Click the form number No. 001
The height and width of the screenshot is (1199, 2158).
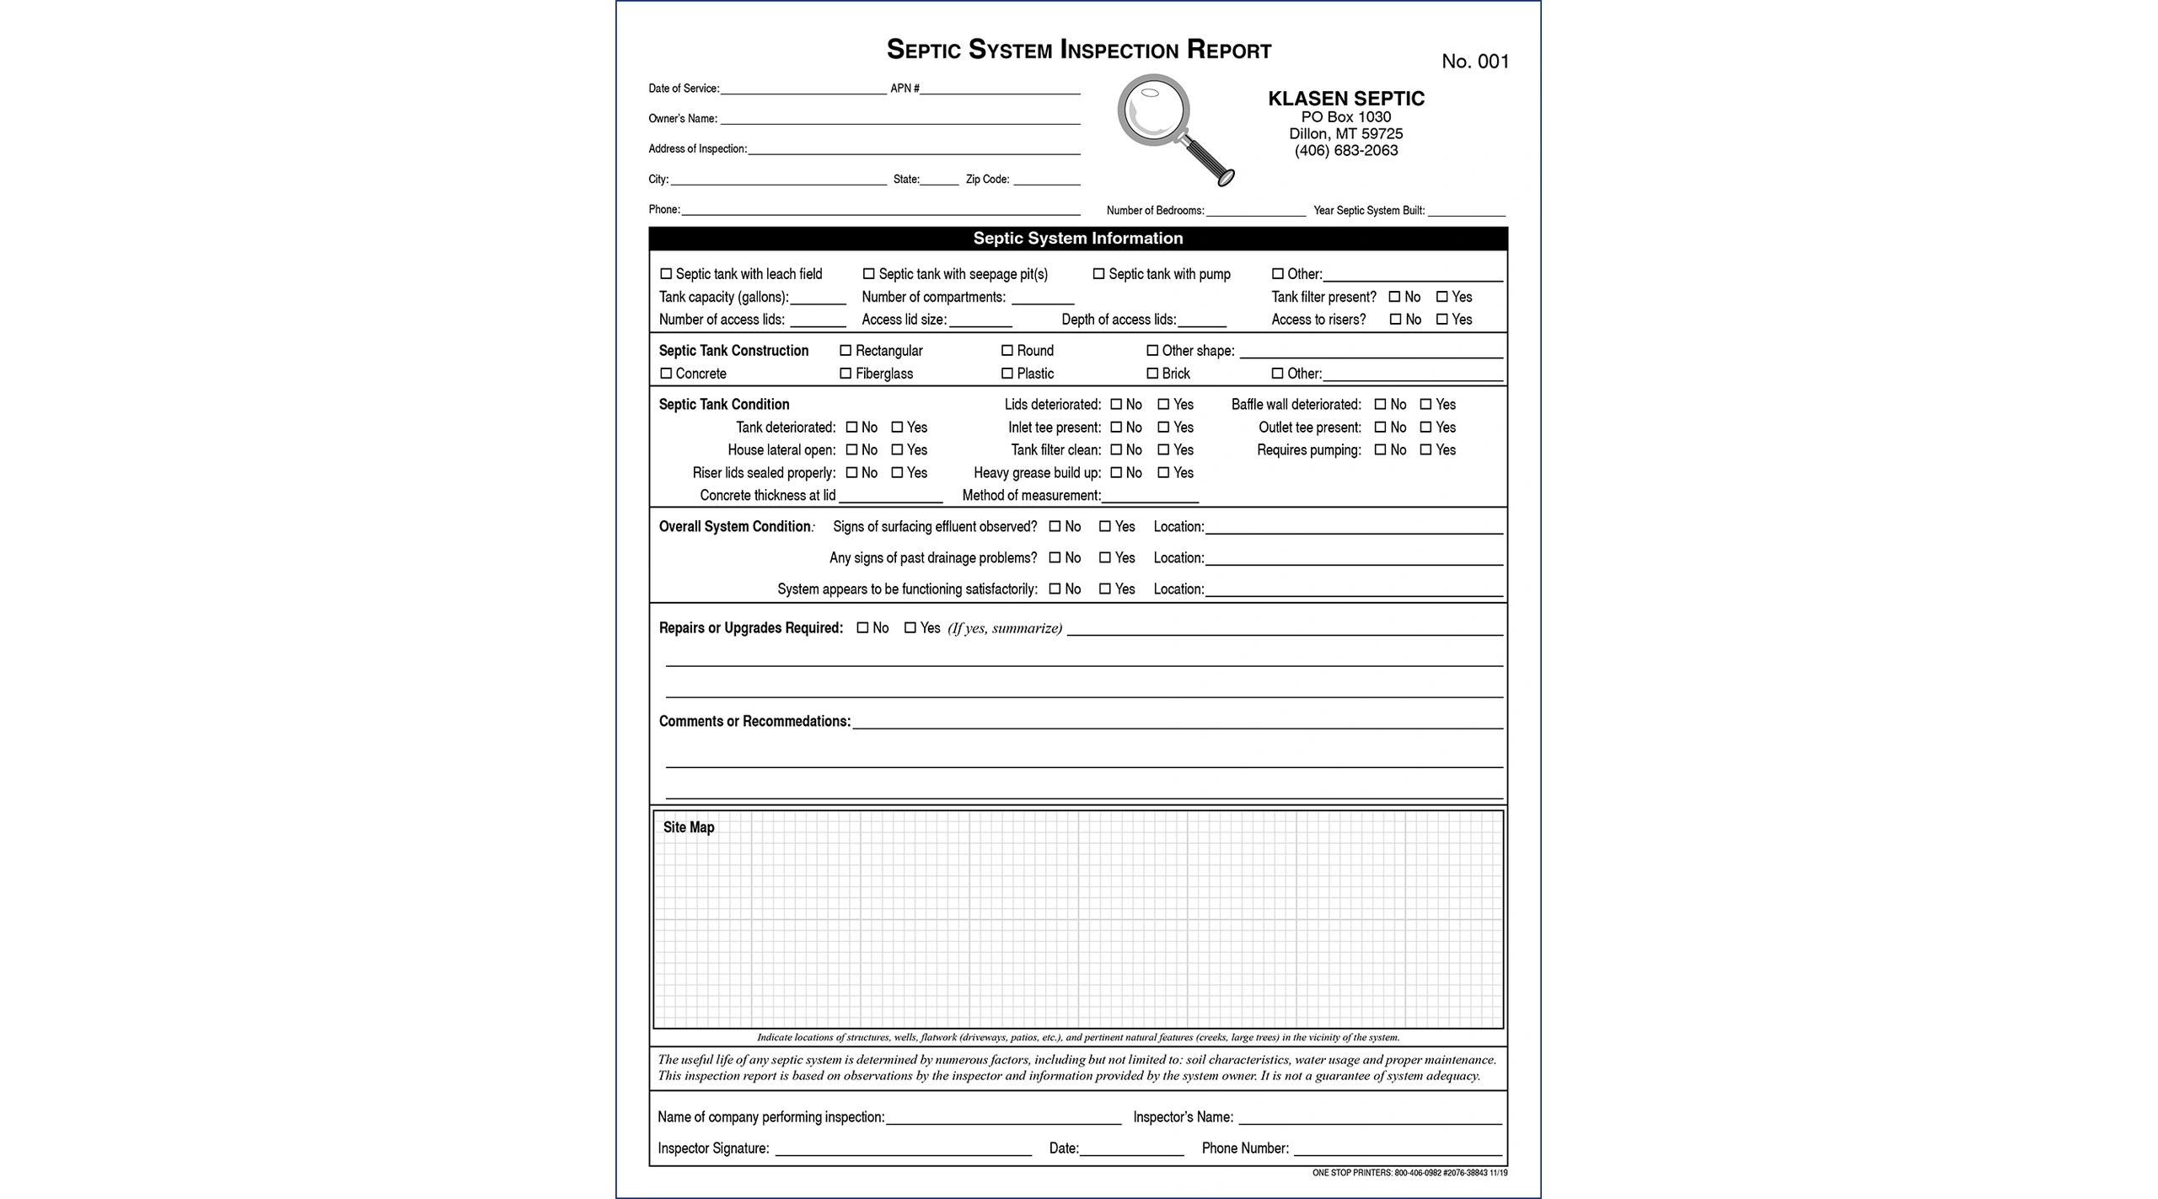coord(1475,62)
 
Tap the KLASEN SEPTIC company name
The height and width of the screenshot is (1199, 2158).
coord(1345,99)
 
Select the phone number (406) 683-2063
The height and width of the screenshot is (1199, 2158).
coord(1345,151)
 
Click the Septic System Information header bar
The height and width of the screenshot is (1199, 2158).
coord(1077,239)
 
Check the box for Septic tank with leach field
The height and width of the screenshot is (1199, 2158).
coord(666,274)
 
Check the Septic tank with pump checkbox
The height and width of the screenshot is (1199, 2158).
coord(1098,274)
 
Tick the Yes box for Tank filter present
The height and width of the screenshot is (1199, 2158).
coord(1442,297)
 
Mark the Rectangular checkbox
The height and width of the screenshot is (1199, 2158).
coord(845,351)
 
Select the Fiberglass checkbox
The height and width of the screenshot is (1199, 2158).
coord(845,374)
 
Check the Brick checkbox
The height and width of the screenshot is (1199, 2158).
coord(1152,374)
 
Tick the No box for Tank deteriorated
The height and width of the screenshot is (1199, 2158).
coord(851,427)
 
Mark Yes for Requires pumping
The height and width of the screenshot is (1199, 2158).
coord(1426,450)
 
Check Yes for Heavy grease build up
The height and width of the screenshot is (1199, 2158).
coord(1163,473)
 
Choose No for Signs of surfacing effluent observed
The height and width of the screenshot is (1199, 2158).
coord(1055,527)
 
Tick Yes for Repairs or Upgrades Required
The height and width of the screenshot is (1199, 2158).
coord(910,628)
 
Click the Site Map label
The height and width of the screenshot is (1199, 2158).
coord(688,828)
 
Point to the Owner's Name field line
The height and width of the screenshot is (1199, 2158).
coord(899,120)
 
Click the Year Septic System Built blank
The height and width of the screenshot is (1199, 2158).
coord(1466,212)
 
